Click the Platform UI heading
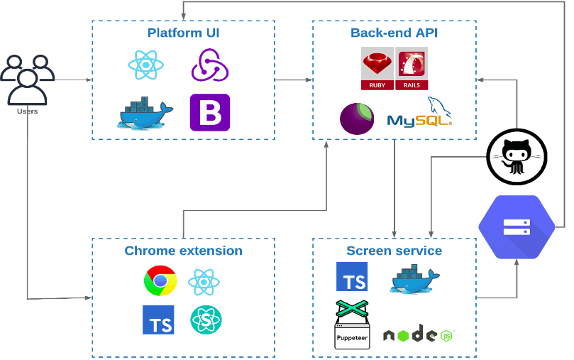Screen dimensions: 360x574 183,33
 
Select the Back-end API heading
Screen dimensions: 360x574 394,33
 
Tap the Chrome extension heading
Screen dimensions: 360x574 183,251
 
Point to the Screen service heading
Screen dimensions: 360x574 394,251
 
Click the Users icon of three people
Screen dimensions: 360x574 27,79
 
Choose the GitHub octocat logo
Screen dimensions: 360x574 517,154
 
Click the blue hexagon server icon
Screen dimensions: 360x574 516,227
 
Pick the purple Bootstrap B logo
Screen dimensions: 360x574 210,112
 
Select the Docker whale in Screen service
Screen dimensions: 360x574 415,278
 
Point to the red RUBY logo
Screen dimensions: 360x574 377,69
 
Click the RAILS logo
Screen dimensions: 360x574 412,69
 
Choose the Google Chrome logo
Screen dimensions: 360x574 160,280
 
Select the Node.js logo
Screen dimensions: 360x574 418,334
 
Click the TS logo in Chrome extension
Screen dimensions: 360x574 158,320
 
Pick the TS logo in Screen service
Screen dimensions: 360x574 352,277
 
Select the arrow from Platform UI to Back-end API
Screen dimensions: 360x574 293,80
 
